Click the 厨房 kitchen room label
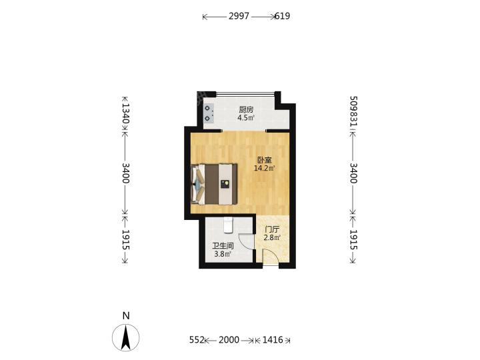[x=246, y=109]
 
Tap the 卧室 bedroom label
[x=265, y=160]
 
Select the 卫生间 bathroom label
[x=223, y=246]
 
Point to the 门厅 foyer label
[x=272, y=229]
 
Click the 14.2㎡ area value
[x=265, y=168]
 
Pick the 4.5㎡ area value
[x=246, y=118]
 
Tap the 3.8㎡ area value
[x=223, y=254]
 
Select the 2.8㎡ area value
[x=272, y=237]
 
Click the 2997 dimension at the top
[x=239, y=16]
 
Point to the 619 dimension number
[x=282, y=16]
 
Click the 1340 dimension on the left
[x=125, y=113]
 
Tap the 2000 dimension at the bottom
[x=229, y=340]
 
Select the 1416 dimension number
[x=273, y=340]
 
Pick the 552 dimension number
[x=197, y=340]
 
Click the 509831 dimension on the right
[x=353, y=111]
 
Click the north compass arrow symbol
[x=126, y=337]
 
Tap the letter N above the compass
[x=126, y=315]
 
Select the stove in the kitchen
[x=209, y=113]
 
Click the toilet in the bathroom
[x=229, y=225]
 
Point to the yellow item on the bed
[x=226, y=183]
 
